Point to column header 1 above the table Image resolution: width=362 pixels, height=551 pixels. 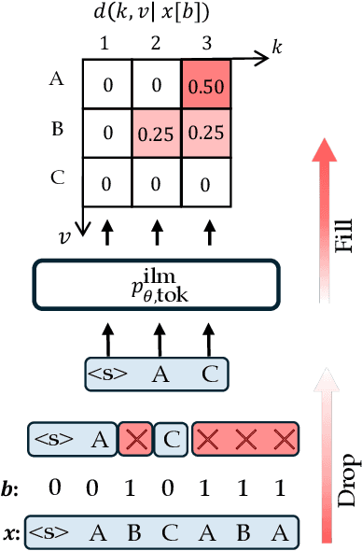click(107, 43)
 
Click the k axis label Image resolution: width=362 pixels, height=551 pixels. click(276, 47)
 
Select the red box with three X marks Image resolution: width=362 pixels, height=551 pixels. click(246, 437)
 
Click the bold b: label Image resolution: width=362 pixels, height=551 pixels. click(12, 487)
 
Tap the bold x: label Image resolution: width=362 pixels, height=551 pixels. click(12, 533)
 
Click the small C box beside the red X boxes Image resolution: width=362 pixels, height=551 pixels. click(170, 437)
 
